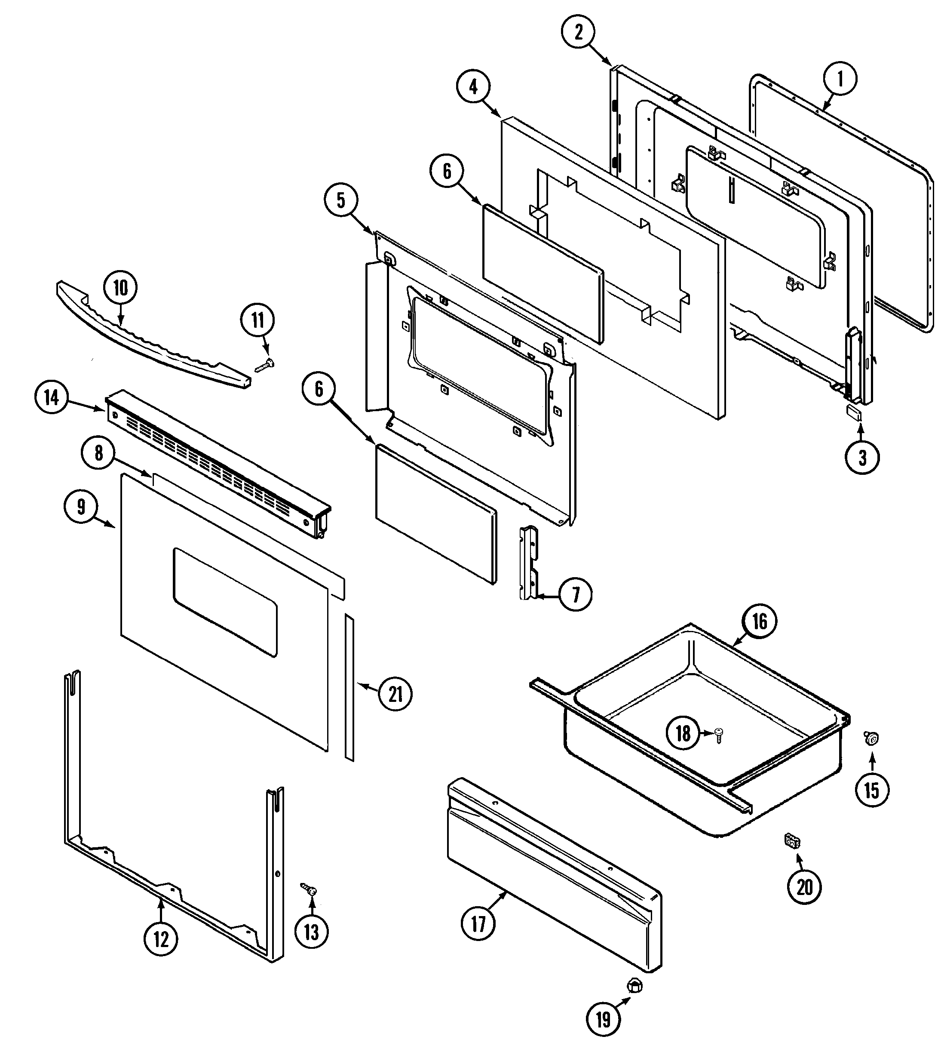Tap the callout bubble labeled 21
395,694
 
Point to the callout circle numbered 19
603,1019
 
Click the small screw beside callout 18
719,734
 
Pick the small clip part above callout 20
791,841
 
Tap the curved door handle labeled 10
150,337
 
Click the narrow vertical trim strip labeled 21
350,688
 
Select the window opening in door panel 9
225,602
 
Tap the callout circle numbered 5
341,200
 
